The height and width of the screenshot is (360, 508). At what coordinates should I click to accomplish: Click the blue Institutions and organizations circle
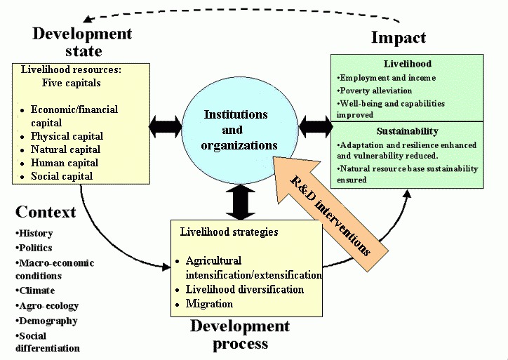click(236, 131)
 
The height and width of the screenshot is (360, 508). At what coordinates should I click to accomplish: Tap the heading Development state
click(82, 42)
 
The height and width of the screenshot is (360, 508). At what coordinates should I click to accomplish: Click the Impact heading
click(398, 38)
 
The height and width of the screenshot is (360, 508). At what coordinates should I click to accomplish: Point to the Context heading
click(46, 212)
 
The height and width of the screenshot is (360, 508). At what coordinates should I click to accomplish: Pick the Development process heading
click(239, 335)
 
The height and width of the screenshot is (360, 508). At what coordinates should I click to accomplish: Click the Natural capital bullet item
click(65, 149)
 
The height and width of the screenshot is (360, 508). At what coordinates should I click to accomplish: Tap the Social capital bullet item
click(62, 176)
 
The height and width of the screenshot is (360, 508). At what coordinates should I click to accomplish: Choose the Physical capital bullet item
click(67, 136)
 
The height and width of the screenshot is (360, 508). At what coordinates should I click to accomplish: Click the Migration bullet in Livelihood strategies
click(209, 304)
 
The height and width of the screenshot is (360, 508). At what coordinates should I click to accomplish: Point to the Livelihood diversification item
click(244, 289)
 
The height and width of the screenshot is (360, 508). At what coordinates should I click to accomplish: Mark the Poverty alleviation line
click(375, 91)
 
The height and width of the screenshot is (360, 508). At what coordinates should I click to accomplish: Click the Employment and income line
click(387, 78)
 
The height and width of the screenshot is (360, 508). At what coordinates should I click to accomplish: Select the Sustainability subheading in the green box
click(407, 131)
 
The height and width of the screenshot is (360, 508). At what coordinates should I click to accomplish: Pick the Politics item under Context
click(36, 248)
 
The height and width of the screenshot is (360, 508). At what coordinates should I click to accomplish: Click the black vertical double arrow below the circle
click(239, 201)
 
